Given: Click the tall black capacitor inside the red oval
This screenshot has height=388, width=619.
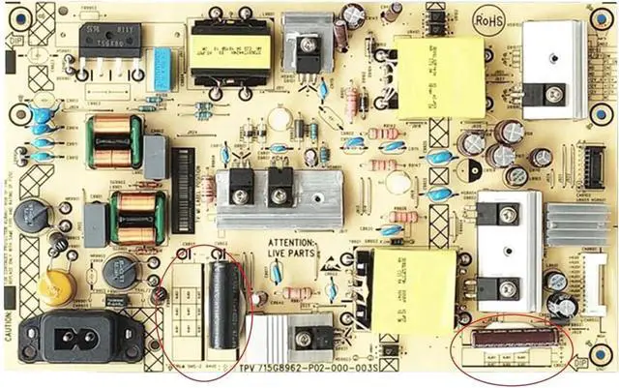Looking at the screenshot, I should (x=225, y=304).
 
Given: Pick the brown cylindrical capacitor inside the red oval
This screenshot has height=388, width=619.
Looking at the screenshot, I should (x=513, y=338).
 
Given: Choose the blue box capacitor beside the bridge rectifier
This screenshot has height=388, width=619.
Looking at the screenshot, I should (x=162, y=68).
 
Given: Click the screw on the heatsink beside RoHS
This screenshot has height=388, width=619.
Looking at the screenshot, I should (x=555, y=95).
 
